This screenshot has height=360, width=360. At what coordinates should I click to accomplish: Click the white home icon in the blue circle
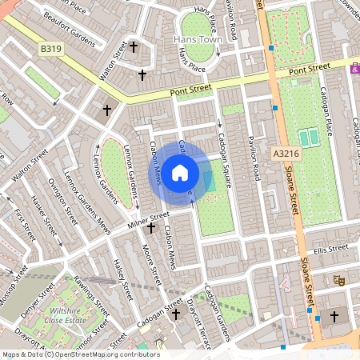tap(180, 171)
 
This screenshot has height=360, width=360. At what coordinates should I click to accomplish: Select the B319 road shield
tap(50, 50)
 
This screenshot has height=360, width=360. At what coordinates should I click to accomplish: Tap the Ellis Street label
tap(332, 249)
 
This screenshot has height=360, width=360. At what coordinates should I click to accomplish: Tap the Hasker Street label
tap(42, 211)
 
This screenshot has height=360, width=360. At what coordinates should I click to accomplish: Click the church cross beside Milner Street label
tap(151, 229)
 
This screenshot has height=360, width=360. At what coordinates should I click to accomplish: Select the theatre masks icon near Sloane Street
tap(339, 281)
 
